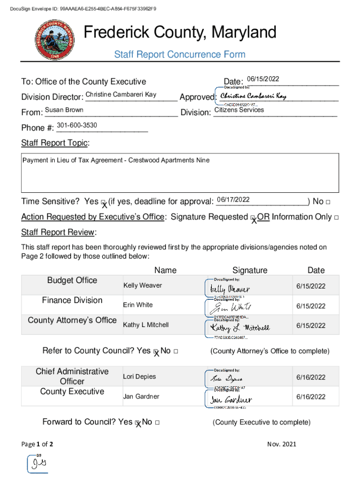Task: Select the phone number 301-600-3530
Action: click(77, 125)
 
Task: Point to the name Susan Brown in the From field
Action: click(64, 110)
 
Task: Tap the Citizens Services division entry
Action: click(239, 110)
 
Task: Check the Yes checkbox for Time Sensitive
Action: click(103, 203)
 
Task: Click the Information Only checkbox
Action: click(337, 218)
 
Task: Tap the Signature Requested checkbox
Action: click(252, 218)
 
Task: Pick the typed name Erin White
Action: click(137, 305)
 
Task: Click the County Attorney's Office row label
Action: click(72, 320)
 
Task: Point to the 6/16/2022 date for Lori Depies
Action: click(310, 377)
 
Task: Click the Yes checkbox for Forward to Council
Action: click(137, 423)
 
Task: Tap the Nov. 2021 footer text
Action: click(281, 444)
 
